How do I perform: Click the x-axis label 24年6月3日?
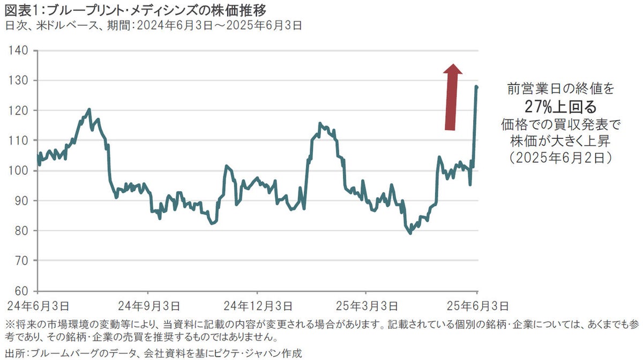37,306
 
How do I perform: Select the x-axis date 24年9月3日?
148,306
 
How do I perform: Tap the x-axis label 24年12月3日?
258,306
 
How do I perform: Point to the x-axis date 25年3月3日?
366,306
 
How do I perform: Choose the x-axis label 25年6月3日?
476,306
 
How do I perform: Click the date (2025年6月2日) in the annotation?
560,158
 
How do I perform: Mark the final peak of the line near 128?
476,86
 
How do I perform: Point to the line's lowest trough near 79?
410,233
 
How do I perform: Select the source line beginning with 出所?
153,352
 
